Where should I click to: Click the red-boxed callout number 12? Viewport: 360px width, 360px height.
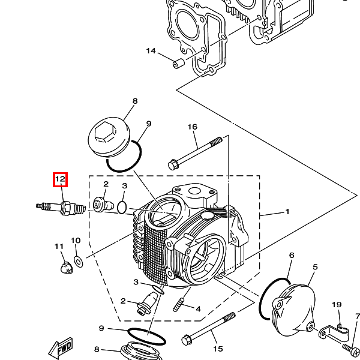point(61,179)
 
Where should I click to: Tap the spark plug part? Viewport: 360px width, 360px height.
point(61,208)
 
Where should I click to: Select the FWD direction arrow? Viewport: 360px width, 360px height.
point(61,347)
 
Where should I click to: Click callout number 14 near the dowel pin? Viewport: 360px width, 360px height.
point(151,51)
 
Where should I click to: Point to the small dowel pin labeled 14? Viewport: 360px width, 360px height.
point(178,64)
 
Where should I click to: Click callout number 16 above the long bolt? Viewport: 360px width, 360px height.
point(193,127)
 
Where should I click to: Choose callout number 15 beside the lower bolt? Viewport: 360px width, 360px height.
point(218,349)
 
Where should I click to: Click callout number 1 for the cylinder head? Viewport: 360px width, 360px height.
point(287,211)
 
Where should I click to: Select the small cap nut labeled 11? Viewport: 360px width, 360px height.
point(67,268)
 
